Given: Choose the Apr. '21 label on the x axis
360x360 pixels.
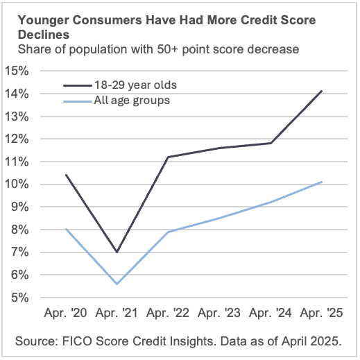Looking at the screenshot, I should pos(117,314).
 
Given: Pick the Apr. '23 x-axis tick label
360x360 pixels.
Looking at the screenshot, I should pos(219,314).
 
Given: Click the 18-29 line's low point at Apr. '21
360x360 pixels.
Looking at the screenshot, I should pos(117,252).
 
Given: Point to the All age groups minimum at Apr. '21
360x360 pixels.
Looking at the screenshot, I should pos(117,284).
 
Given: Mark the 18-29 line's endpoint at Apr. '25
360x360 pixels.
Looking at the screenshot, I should pos(322,91).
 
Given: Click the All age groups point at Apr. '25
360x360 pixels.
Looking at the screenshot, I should pos(322,182).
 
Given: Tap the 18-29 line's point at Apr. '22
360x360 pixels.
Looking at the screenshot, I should pos(169,157).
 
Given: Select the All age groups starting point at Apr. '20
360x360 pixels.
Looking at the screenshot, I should pos(66,230).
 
